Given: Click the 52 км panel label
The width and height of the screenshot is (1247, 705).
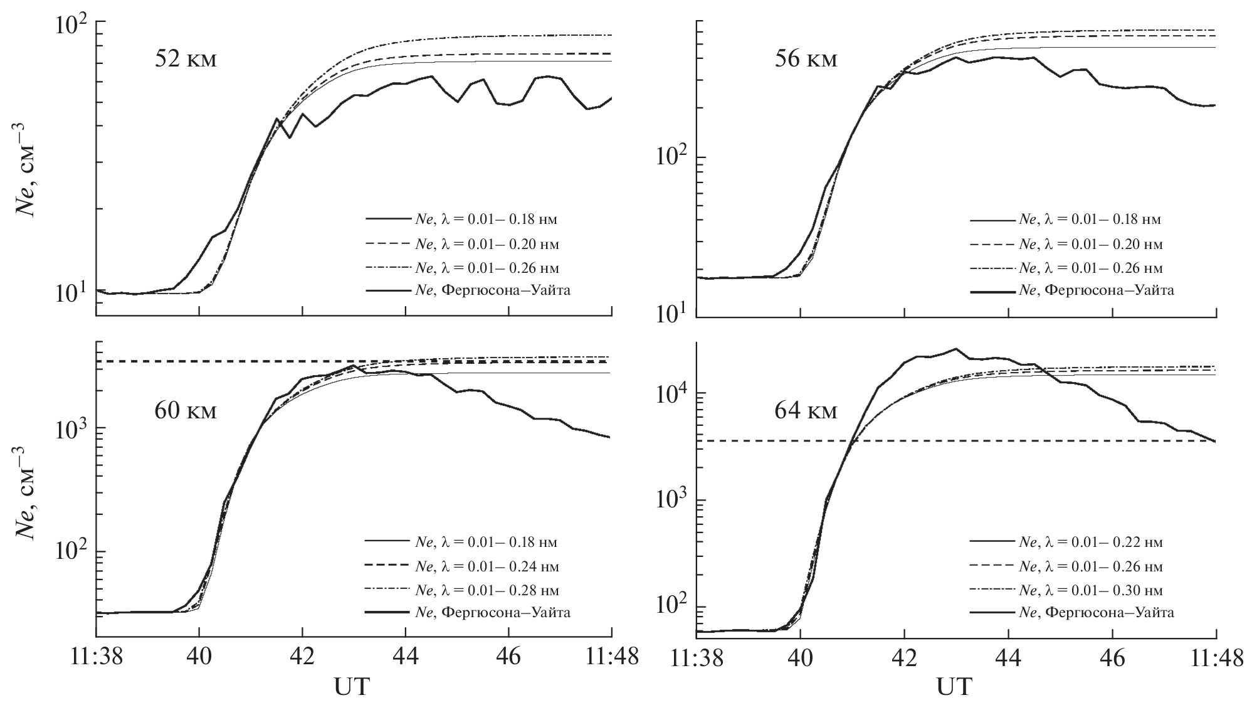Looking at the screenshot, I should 186,60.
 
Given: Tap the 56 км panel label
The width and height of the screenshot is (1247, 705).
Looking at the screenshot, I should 806,60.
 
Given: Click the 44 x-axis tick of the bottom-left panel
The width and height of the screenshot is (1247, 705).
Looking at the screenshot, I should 406,657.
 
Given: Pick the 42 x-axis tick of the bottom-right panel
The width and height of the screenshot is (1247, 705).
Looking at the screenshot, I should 904,657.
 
